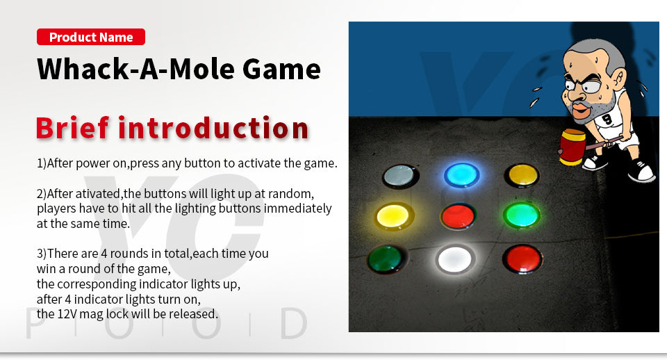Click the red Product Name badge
(x=91, y=37)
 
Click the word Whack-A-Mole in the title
(x=136, y=69)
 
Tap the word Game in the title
(x=282, y=69)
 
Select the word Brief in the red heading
(x=72, y=128)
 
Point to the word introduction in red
(x=213, y=128)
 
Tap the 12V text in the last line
(x=67, y=314)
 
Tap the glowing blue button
(x=461, y=174)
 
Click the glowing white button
(x=454, y=259)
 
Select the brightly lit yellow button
(x=393, y=216)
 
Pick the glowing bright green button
(x=522, y=215)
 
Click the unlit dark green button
(x=386, y=259)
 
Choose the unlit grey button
(x=400, y=176)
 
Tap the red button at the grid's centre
(x=458, y=216)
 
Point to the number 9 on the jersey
(x=607, y=119)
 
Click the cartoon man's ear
(x=618, y=79)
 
